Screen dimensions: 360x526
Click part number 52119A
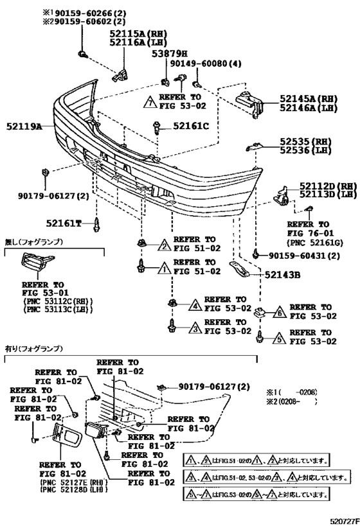24,127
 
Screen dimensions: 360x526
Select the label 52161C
191,126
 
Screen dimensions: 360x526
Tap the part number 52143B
282,275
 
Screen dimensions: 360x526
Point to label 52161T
64,223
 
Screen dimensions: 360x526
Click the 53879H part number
170,54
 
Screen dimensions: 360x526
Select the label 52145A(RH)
309,99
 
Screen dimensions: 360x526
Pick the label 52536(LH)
305,150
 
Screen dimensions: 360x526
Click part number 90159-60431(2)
304,256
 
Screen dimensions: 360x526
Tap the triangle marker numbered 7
150,102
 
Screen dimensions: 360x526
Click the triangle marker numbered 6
281,312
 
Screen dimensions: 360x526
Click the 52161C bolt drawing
157,127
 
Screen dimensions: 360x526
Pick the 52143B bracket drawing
239,269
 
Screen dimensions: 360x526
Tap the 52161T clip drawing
96,224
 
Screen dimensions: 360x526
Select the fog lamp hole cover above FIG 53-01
37,261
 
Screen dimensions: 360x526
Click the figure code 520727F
344,522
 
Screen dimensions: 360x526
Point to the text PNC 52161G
310,243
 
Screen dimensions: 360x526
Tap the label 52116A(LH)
138,42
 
